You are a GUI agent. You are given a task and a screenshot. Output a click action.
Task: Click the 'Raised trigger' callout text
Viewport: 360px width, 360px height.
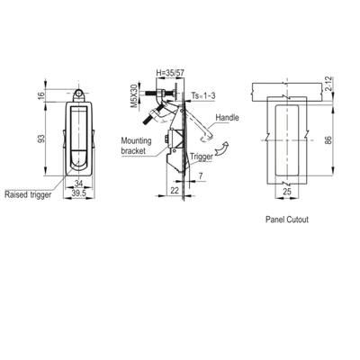click(28, 193)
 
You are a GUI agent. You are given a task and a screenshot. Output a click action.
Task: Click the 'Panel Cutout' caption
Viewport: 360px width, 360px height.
click(288, 219)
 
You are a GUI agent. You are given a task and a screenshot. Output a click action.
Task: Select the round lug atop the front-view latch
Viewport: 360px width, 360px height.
click(80, 92)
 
